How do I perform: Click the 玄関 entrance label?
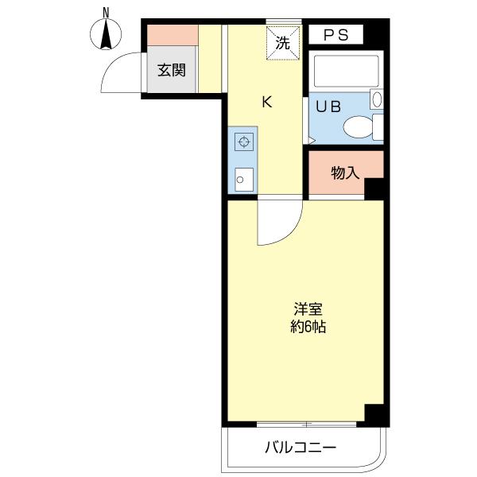(170, 70)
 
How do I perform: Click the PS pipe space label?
(335, 35)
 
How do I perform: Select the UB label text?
(326, 107)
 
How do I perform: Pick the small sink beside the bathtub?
(377, 99)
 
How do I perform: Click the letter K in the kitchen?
(268, 101)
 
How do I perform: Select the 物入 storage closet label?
(345, 172)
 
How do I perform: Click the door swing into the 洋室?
(279, 223)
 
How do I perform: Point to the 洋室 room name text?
(307, 308)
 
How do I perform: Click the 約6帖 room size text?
(307, 326)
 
